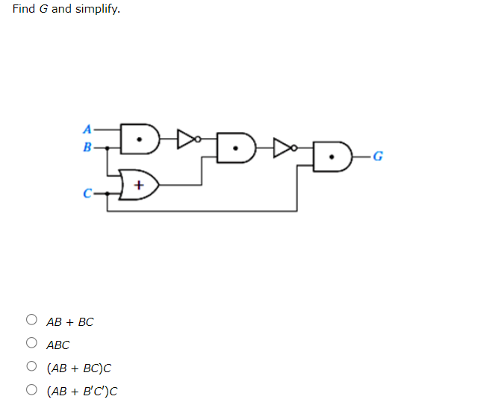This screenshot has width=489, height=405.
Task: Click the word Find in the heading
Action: (x=23, y=9)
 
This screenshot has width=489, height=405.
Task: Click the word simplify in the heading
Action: (x=97, y=9)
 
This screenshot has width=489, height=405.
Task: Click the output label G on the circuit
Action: (x=378, y=157)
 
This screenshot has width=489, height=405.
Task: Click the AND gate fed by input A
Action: (x=140, y=138)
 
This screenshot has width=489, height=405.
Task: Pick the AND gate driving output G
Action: (x=332, y=157)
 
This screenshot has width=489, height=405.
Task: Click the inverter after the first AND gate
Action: (x=187, y=137)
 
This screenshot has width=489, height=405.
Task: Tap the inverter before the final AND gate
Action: (x=284, y=148)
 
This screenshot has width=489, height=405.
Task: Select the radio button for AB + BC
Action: (x=31, y=321)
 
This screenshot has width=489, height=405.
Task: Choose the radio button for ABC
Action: (x=31, y=344)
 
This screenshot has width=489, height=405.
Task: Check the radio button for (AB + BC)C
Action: (x=31, y=367)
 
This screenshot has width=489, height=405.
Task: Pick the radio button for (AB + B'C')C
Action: (x=31, y=390)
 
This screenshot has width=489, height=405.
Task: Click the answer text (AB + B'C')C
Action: (x=82, y=391)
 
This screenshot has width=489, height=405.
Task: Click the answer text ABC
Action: (x=57, y=345)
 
